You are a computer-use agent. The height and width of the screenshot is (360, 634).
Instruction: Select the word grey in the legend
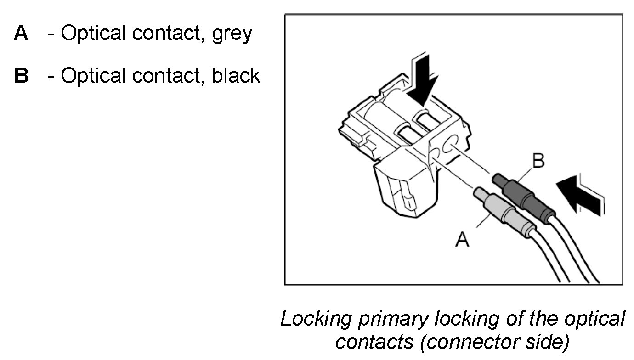232,34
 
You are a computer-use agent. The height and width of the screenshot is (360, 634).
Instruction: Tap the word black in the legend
236,76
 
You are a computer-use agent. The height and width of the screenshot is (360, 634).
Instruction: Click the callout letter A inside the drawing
462,239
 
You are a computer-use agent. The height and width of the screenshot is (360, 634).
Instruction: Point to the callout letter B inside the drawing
538,161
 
